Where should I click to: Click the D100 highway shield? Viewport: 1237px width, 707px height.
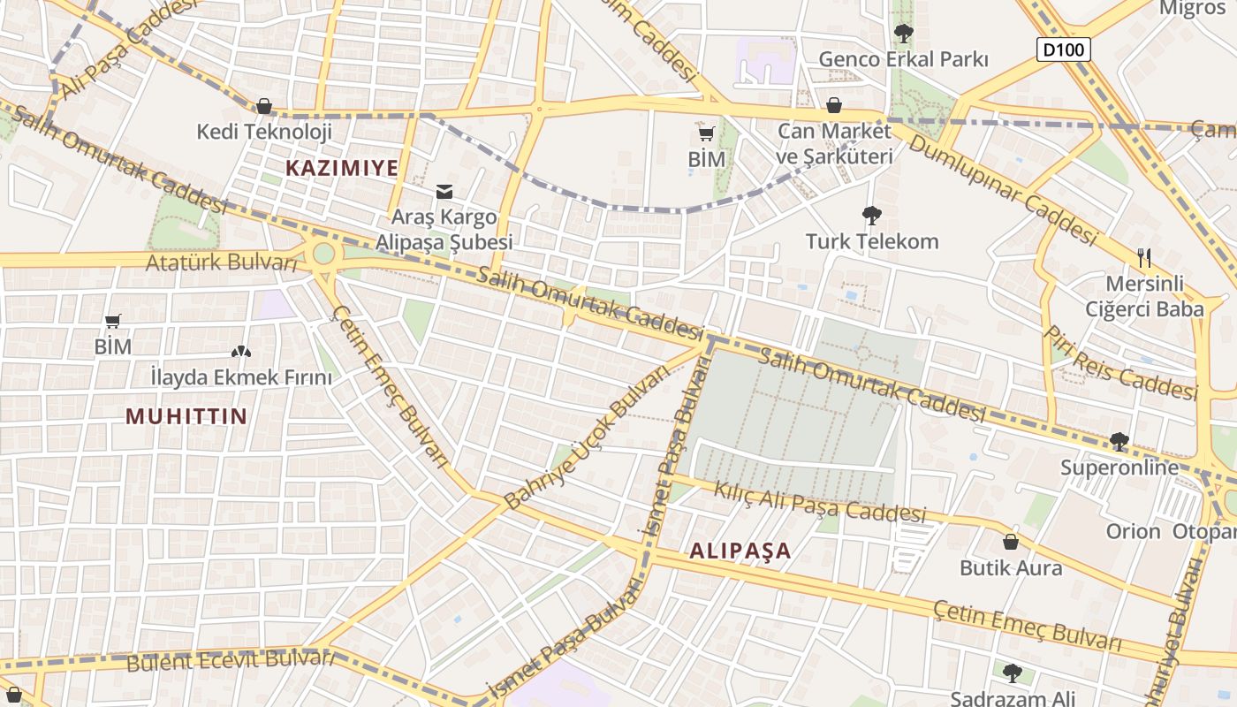1063,49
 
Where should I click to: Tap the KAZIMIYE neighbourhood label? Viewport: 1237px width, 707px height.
342,167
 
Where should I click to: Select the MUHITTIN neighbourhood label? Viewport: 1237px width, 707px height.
186,416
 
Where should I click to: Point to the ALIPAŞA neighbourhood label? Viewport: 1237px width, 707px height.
740,551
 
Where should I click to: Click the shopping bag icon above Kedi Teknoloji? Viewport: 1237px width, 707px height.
263,107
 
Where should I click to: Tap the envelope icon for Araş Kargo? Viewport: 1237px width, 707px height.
444,191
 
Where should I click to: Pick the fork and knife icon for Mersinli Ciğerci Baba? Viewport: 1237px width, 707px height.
1144,257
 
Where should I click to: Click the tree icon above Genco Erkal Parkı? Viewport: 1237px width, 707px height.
903,34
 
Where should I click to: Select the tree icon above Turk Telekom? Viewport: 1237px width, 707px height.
871,215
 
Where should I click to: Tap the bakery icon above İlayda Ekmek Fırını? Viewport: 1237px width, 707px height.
241,352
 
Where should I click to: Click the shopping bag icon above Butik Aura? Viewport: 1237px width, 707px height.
1011,542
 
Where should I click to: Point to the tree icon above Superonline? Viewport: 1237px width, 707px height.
1119,441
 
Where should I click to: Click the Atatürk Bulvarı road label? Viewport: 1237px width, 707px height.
222,262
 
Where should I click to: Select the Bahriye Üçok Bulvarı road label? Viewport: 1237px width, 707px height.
587,438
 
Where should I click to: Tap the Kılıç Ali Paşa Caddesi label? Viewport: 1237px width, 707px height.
819,502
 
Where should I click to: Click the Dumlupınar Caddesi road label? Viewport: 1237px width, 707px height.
1002,189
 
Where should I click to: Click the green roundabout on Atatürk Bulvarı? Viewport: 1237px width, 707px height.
323,254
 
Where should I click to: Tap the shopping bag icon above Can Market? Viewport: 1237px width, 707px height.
833,106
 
